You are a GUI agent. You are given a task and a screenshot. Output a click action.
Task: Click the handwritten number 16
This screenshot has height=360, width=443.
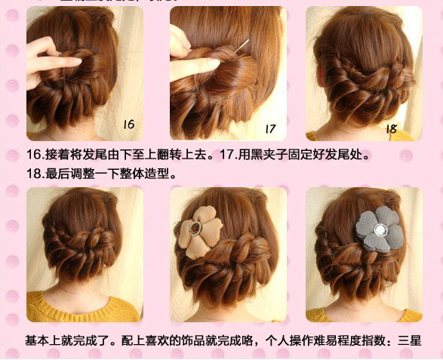point(128,124)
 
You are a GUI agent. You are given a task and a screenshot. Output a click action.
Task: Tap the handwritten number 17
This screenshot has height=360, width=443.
point(271,128)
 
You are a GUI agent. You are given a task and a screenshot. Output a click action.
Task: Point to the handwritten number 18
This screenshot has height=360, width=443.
point(390,128)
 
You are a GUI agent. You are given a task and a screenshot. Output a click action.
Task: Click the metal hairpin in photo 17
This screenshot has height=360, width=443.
point(243,47)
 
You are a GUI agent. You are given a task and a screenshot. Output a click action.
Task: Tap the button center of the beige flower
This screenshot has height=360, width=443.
point(197,228)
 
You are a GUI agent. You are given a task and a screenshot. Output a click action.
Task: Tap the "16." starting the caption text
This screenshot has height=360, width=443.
point(35,155)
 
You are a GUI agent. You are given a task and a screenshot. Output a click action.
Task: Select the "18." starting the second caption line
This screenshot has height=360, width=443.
point(35,173)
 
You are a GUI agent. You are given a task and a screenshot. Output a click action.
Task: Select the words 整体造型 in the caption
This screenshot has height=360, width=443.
point(151,173)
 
